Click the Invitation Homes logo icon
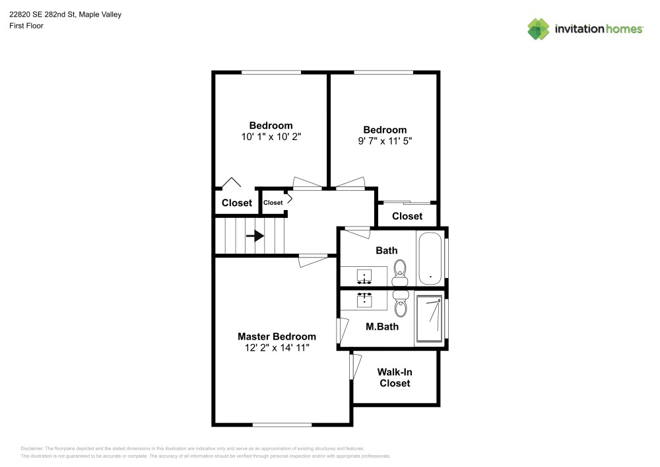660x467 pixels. (538, 28)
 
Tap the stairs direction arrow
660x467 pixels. (255, 236)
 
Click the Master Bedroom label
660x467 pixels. (277, 336)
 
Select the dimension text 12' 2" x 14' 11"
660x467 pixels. (277, 347)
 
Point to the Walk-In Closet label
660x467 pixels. (395, 378)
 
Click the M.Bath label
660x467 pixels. (381, 326)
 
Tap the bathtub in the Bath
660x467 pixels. (430, 258)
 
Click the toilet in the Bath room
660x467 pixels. (400, 271)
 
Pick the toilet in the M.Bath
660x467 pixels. (400, 305)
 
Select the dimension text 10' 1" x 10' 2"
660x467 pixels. (271, 137)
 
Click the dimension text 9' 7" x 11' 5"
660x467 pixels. (385, 141)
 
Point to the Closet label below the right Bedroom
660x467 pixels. (407, 216)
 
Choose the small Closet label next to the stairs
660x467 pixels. (273, 203)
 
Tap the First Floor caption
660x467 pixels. (26, 26)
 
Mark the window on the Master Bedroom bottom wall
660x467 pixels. (282, 425)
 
